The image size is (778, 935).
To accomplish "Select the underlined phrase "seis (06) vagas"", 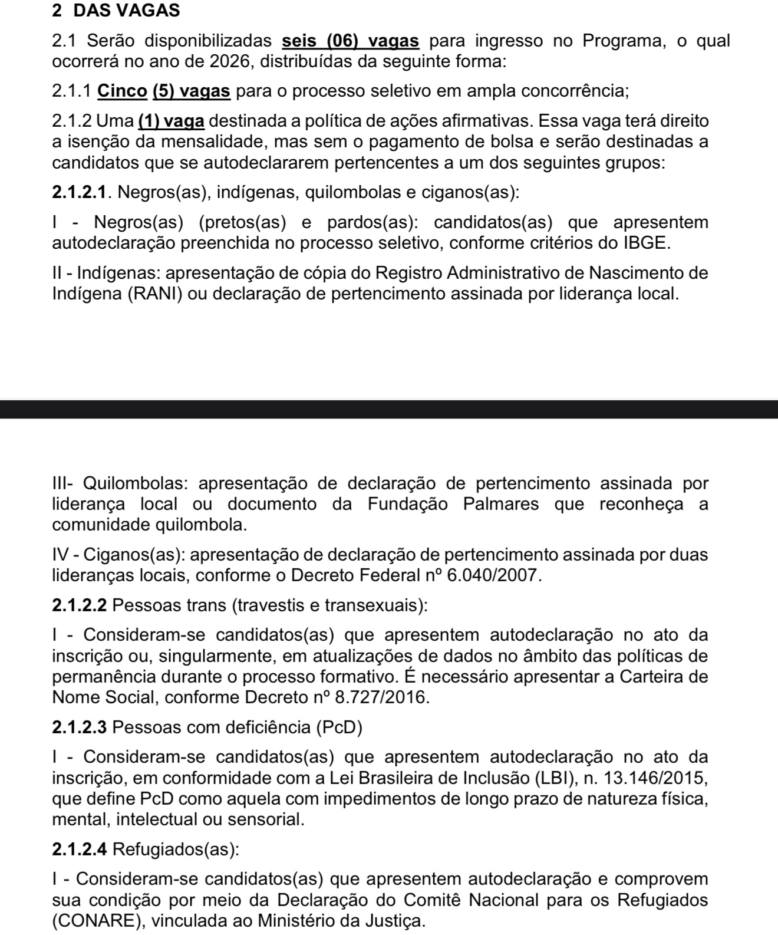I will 351,41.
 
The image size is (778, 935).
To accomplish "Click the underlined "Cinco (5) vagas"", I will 164,91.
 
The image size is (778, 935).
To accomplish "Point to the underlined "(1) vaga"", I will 172,121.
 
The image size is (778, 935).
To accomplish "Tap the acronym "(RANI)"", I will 157,294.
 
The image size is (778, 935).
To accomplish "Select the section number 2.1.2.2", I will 80,605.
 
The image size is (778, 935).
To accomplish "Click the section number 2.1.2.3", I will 80,727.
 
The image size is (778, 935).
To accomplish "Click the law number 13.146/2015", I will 654,778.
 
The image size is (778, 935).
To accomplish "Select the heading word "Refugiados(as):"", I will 176,850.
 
